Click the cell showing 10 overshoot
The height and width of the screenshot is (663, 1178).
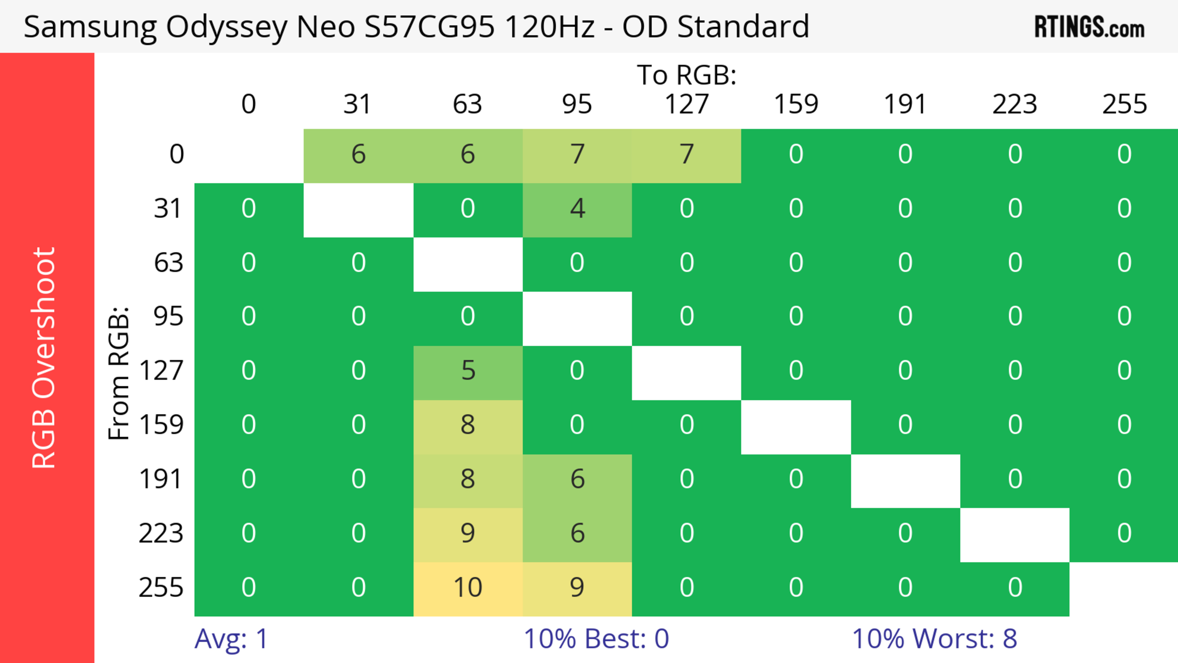click(467, 588)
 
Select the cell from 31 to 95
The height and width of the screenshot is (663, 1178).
click(577, 209)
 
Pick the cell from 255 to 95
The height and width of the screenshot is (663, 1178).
click(577, 588)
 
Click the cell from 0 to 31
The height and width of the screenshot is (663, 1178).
click(358, 155)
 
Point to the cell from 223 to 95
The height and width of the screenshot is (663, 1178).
click(577, 534)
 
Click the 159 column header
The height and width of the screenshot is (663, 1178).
click(796, 104)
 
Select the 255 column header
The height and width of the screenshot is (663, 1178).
click(1124, 104)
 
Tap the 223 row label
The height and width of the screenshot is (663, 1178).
click(161, 534)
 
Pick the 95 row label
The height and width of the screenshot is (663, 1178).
click(168, 316)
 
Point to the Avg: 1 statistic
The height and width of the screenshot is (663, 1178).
click(231, 639)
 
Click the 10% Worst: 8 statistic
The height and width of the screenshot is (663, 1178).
click(934, 639)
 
